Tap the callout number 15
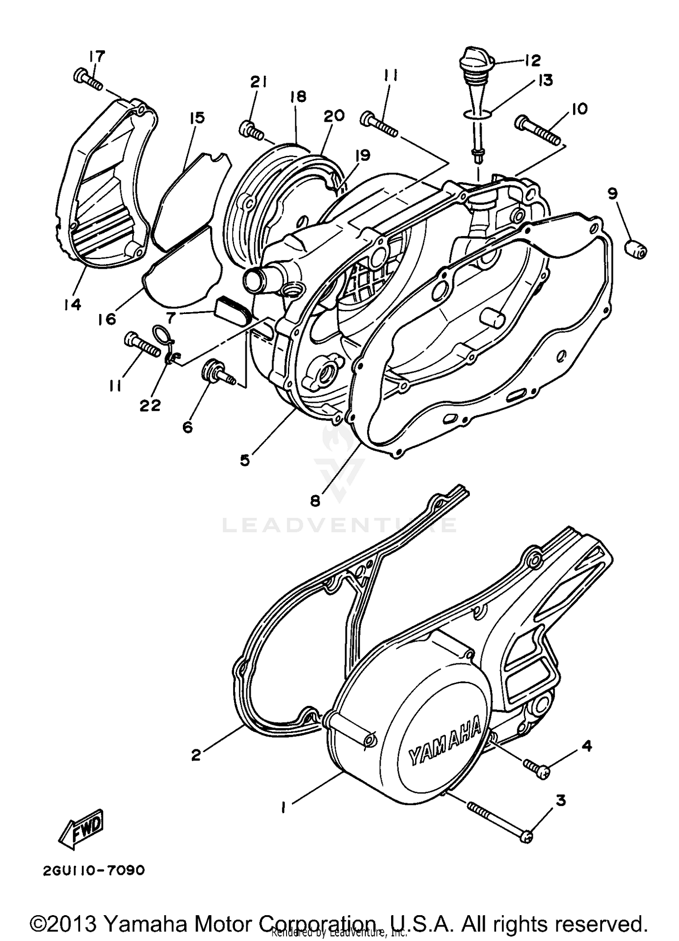(x=197, y=118)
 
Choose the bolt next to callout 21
(x=250, y=130)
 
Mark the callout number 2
(x=196, y=755)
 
